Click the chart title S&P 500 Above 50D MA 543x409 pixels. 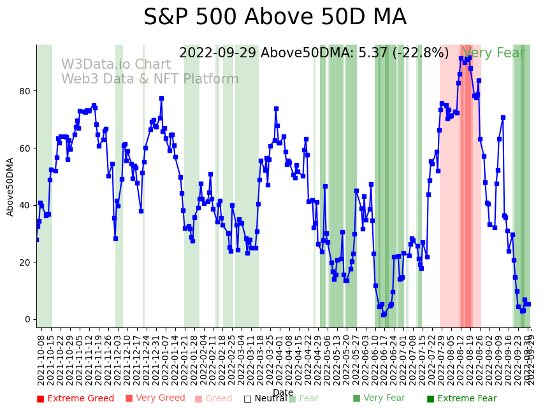[x=275, y=17]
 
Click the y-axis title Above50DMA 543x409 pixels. [x=10, y=187]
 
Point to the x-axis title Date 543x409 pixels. [x=283, y=392]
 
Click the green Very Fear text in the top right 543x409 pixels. [x=494, y=54]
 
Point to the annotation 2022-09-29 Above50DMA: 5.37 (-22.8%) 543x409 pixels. [x=314, y=54]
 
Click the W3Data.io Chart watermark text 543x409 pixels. [x=116, y=65]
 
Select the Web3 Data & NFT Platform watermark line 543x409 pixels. [x=150, y=80]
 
